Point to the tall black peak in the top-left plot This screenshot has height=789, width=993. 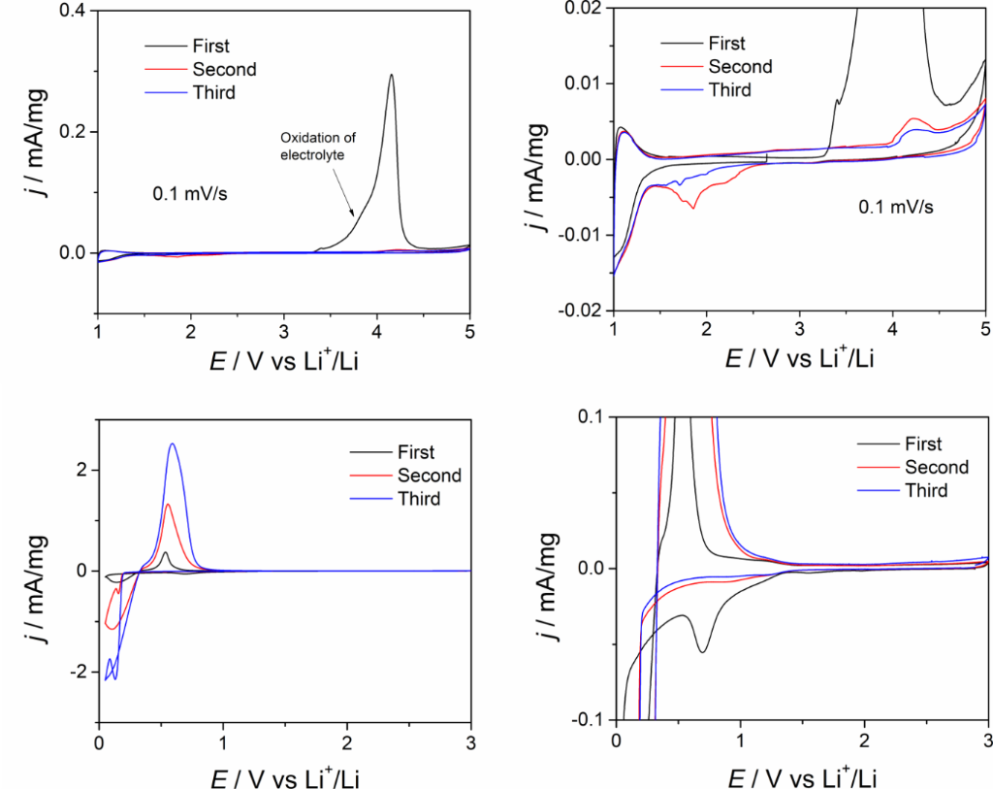tap(391, 76)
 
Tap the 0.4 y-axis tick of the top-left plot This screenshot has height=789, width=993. tap(73, 11)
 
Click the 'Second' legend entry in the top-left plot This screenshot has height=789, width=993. tap(224, 69)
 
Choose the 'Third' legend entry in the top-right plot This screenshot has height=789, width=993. tap(728, 90)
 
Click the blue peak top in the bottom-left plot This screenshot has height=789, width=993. tap(173, 444)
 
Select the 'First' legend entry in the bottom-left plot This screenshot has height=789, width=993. tap(416, 452)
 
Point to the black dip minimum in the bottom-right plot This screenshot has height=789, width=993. tap(702, 651)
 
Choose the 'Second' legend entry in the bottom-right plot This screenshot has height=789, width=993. tap(936, 468)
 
